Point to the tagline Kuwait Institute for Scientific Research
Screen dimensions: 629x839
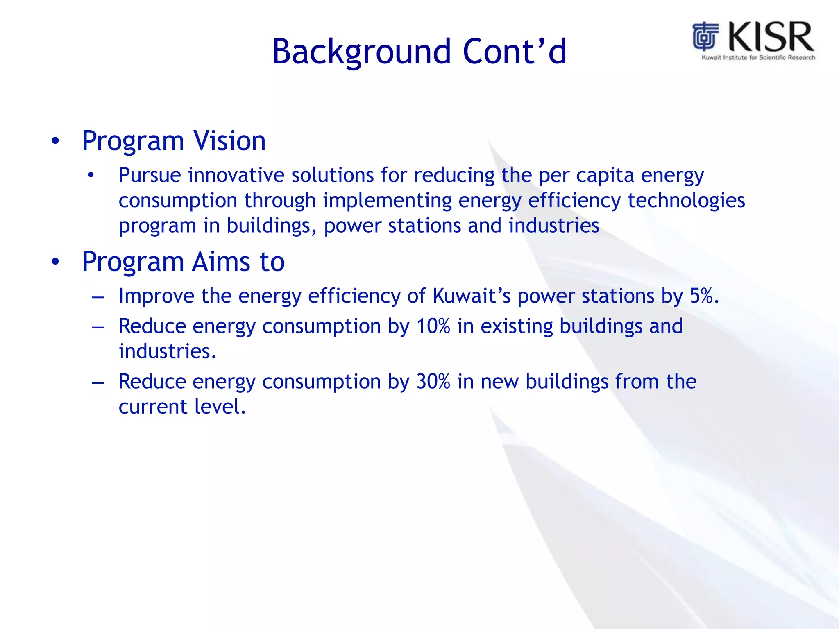click(758, 58)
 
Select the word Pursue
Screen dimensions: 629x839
click(150, 175)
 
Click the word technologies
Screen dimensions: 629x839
click(686, 201)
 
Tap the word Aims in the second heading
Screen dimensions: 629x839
click(221, 262)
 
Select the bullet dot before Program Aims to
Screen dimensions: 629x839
click(55, 262)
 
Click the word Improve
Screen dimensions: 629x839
click(156, 296)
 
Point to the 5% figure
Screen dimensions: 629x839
click(703, 296)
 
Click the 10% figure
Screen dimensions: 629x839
click(433, 326)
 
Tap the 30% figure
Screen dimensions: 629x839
click(433, 382)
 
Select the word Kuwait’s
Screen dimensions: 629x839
click(472, 296)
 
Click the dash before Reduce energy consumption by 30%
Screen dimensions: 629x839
click(98, 383)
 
